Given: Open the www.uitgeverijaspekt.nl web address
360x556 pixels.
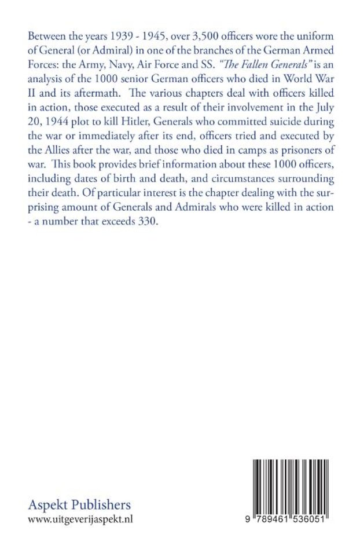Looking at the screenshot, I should click(80, 520).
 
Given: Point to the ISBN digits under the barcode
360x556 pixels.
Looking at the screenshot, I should click(288, 520).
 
